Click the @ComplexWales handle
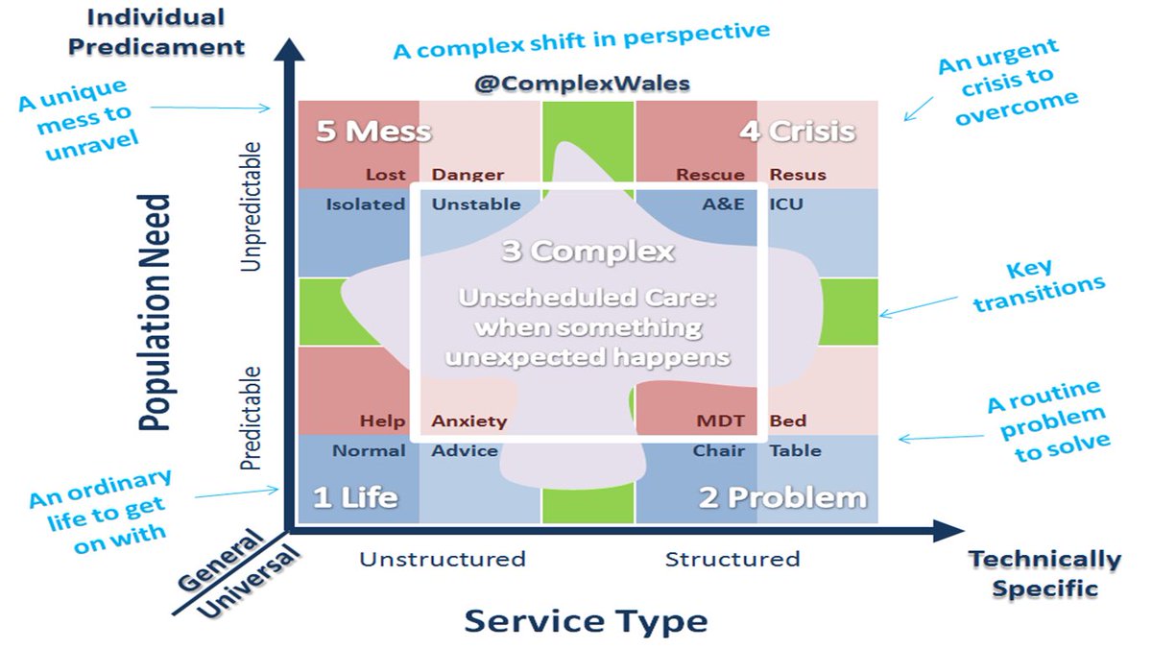tap(583, 84)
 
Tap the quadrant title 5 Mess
tap(373, 131)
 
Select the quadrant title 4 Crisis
tap(796, 131)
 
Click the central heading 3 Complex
tap(588, 252)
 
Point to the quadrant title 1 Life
tap(355, 497)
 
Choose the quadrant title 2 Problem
tap(782, 497)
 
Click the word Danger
tap(468, 175)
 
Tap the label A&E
tap(724, 204)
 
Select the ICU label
tap(786, 204)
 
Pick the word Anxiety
tap(468, 421)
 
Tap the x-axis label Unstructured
tap(443, 559)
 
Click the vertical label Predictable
tap(251, 418)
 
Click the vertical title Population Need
tap(155, 312)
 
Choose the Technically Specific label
tap(1044, 573)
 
